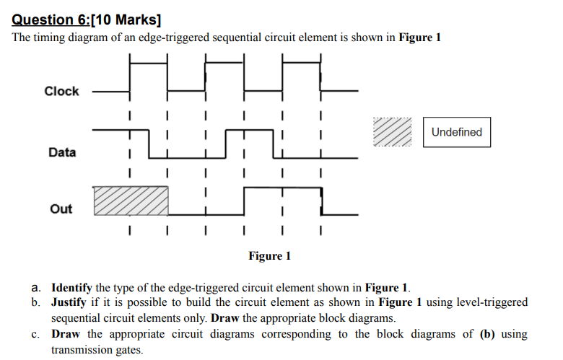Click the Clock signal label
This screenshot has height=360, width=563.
pos(61,92)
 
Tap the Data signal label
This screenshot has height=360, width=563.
pos(61,152)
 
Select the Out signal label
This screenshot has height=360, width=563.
pos(61,208)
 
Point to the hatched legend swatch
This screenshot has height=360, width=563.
pos(393,132)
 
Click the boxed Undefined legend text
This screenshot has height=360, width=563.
pos(456,132)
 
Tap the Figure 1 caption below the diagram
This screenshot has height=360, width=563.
pos(270,256)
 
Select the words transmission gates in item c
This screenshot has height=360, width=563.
pos(97,349)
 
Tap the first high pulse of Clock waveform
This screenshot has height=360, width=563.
pos(149,65)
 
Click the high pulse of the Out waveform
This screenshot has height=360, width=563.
pos(283,189)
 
